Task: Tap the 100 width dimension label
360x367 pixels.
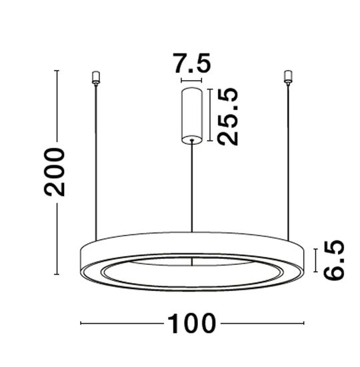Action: [191, 324]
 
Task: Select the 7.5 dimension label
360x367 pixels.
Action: [192, 65]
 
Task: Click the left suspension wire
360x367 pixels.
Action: [96, 160]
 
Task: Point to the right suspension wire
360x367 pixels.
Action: [289, 160]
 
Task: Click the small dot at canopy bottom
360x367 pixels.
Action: [192, 139]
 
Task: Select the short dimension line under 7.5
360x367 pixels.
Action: [192, 79]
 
